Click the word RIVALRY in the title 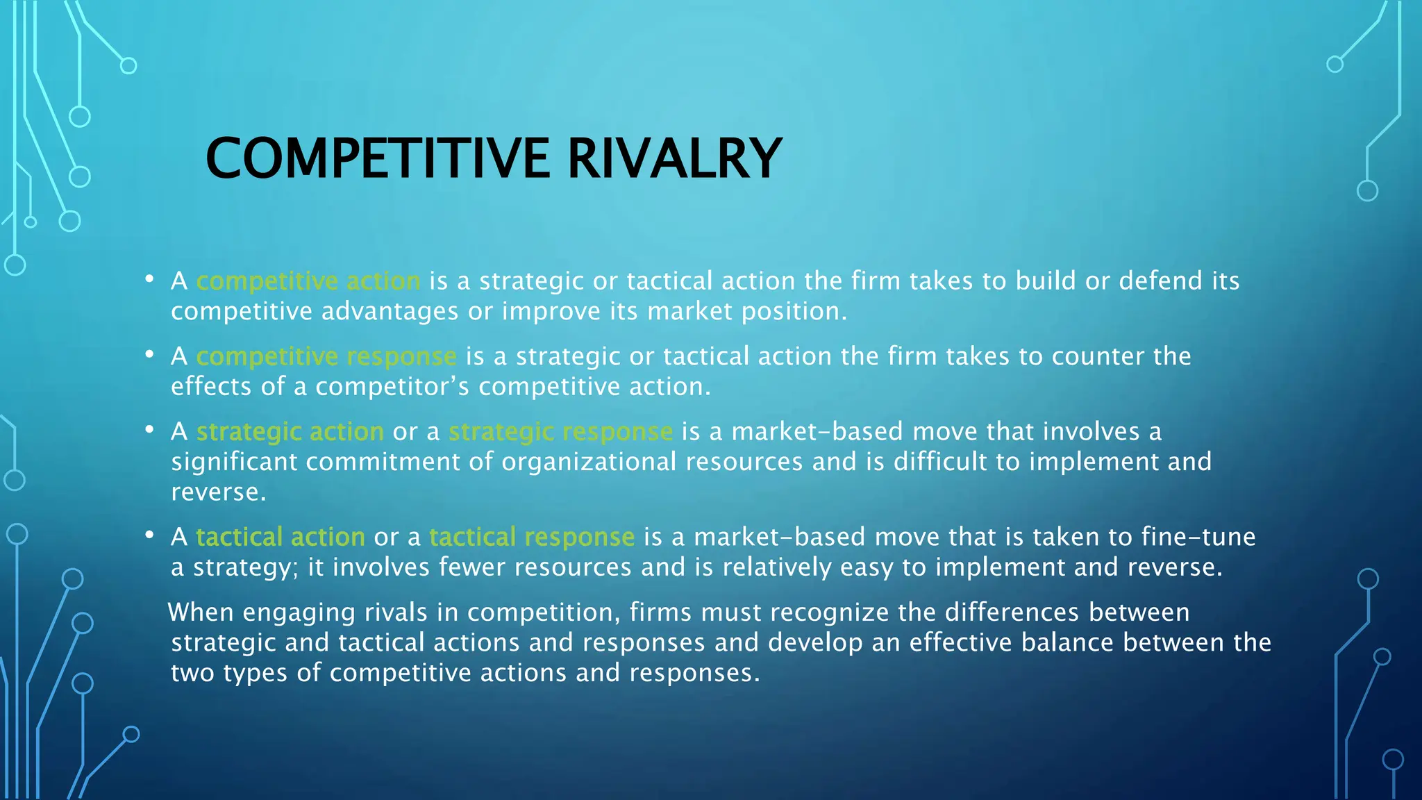674,158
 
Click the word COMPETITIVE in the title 378,158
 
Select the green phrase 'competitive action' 308,281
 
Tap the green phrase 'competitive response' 326,356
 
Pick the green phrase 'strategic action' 290,432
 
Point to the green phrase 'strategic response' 560,432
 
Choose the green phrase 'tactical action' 281,537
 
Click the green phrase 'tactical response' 532,537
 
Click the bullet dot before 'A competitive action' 149,279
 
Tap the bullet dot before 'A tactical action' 149,535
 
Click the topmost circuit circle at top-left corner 128,66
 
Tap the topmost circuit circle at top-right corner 1335,65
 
